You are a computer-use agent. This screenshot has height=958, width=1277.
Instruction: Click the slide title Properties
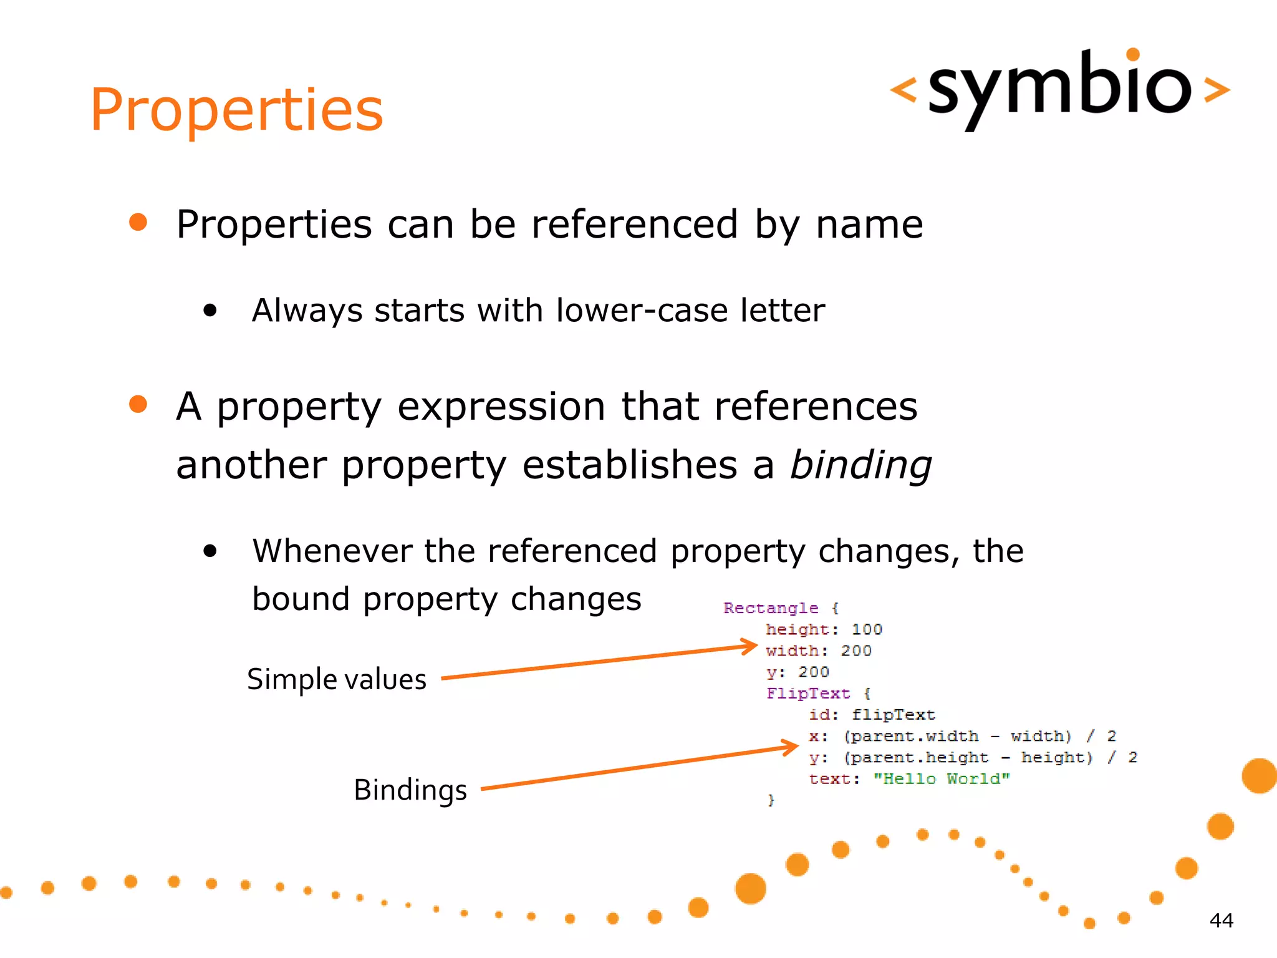(236, 110)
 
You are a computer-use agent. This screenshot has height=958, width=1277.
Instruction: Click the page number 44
(1221, 921)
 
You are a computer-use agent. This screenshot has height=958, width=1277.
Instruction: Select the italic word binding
(860, 466)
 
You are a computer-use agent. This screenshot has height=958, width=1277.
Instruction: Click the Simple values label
(337, 679)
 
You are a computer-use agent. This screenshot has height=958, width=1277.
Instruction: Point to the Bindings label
(410, 790)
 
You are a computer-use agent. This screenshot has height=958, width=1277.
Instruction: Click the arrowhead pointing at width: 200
(750, 646)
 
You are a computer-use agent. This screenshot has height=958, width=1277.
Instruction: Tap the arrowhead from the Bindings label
(791, 747)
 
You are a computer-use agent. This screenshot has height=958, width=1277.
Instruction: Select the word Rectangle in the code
(771, 608)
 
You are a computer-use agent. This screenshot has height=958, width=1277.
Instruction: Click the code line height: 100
(824, 629)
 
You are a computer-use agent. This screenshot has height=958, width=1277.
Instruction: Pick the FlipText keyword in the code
(808, 694)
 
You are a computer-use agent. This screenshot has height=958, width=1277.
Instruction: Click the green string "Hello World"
(941, 779)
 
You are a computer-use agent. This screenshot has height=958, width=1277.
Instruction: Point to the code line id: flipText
(872, 715)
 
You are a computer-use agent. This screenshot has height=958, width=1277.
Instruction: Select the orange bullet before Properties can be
(138, 223)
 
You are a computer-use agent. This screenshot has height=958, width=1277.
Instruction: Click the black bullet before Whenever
(210, 551)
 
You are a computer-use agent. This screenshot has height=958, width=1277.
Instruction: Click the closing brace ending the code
(771, 800)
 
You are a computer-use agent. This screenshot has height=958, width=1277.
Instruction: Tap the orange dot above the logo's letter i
(1133, 55)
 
